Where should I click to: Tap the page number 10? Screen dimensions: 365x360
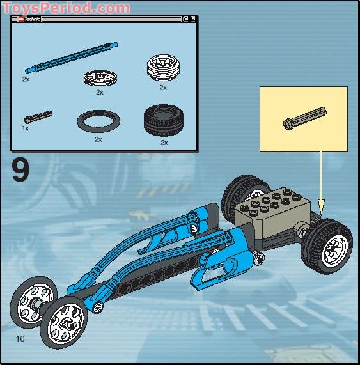coord(20,339)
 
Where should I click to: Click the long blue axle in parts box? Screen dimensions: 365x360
coord(71,58)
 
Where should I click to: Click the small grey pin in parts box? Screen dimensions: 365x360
coord(37,116)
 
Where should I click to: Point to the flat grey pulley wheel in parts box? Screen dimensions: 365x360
coord(98,78)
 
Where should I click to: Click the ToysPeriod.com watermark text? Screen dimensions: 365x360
coord(65,8)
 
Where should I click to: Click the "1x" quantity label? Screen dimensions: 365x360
coord(25,128)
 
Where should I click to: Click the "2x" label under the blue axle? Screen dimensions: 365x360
coord(25,80)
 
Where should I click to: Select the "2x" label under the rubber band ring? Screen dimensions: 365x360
coord(98,139)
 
